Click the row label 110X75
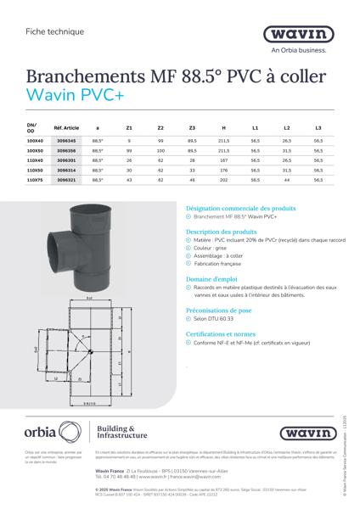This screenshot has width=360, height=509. pos(35,180)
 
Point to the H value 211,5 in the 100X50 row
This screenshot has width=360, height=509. pos(223,150)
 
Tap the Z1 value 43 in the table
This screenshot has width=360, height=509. pos(129,180)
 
